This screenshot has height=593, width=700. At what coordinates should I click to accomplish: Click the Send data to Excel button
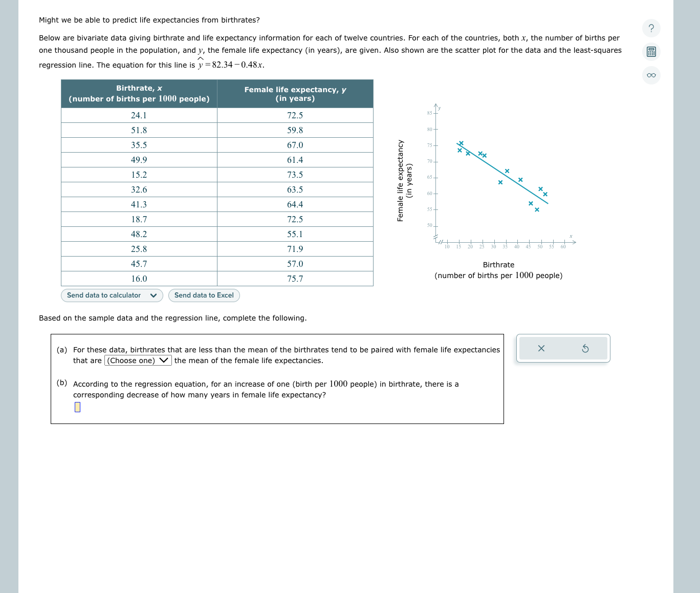point(204,295)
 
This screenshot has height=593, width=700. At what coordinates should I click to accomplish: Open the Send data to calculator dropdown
point(112,295)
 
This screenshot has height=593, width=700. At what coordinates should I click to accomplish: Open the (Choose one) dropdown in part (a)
point(138,361)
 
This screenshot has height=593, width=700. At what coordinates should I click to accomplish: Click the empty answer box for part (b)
point(77,407)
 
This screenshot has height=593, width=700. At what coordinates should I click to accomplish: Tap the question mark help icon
point(651,28)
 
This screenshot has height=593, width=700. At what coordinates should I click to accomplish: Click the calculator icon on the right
point(651,52)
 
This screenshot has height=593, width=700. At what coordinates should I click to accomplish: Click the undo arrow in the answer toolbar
point(585,349)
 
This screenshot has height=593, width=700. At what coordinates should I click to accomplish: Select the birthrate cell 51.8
point(139,131)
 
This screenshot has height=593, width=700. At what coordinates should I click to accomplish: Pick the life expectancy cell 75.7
point(295,279)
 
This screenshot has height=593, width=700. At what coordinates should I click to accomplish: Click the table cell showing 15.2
point(139,175)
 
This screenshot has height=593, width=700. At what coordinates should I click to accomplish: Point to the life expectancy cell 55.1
point(295,235)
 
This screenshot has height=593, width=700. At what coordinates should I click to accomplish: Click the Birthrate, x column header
point(139,94)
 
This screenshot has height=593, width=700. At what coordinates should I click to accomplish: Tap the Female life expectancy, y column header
point(295,94)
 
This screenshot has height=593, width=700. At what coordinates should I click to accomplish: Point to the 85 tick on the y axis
point(430,113)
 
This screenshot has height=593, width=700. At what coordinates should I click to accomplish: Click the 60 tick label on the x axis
point(563,247)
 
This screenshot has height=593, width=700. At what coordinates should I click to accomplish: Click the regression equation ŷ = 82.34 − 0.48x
point(231,65)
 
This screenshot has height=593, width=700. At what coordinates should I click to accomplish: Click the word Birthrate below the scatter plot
point(498,265)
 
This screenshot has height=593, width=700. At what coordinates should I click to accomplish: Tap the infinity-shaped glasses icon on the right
point(651,75)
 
